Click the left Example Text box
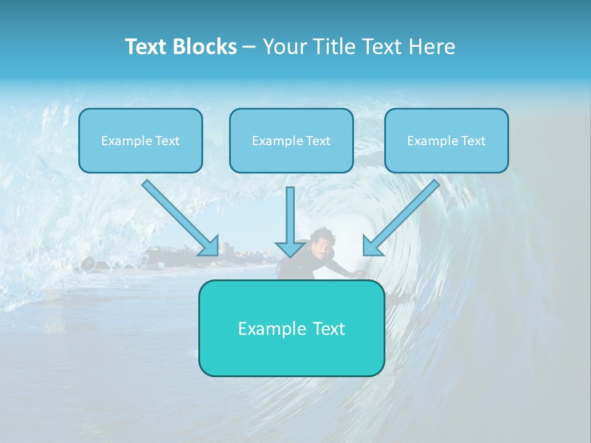point(140,141)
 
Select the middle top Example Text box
point(291,141)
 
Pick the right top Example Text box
point(446,141)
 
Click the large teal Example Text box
point(291,329)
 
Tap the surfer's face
point(320,246)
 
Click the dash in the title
point(249,47)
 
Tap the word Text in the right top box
point(473,141)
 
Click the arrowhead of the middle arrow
point(290,249)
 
